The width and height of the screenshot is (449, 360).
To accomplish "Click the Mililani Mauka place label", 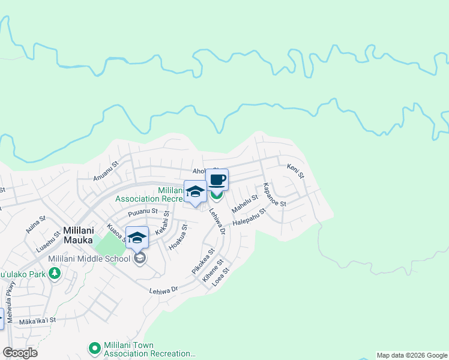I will coord(83,229).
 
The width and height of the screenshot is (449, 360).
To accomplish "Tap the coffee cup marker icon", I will coord(217,179).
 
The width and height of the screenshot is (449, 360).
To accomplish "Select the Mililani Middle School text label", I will coord(89,259).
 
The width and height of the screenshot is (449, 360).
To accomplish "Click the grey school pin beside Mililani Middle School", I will coord(140,258).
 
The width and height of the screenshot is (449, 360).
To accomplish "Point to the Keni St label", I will coord(295,171).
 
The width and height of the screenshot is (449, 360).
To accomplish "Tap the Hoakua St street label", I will coord(178,236).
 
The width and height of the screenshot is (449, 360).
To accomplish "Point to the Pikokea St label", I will coord(203,262).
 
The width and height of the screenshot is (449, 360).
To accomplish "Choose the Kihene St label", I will coord(212,271).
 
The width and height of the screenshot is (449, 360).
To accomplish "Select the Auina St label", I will coord(35,225).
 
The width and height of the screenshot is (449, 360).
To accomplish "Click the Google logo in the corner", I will coord(20,353).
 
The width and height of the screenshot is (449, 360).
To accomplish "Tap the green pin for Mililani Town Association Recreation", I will coord(94,347).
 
